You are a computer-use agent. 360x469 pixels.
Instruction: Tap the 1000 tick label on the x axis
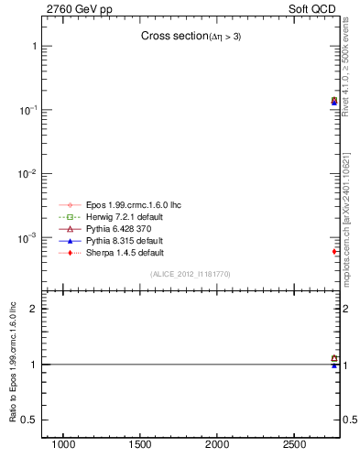63,445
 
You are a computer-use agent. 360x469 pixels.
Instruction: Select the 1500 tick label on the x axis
140,445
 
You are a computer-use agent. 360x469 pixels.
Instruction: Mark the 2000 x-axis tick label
217,445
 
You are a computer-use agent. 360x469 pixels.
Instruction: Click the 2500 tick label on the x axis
294,445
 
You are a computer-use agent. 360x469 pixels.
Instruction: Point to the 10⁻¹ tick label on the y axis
27,110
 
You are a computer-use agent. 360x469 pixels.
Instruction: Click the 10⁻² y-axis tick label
27,174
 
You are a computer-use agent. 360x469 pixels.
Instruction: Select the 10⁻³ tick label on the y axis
27,238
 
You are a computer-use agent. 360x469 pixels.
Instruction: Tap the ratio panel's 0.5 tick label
28,420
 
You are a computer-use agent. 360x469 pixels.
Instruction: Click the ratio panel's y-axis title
12,365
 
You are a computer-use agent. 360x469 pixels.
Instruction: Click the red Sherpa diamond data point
334,251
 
